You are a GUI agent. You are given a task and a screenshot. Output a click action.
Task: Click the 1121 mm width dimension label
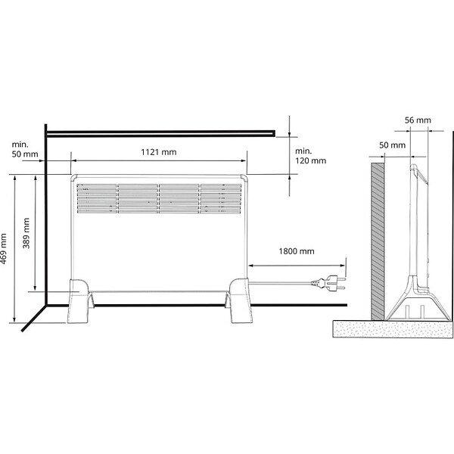(159, 152)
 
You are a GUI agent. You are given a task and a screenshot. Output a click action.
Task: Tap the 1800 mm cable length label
(297, 251)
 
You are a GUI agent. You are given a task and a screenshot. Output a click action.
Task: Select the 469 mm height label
(3, 248)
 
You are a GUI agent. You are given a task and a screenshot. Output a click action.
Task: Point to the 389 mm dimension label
(26, 233)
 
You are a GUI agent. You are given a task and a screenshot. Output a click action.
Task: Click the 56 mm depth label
(418, 120)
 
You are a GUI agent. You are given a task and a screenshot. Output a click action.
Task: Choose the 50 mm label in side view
(392, 145)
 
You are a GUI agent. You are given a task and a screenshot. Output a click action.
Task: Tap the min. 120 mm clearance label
(310, 156)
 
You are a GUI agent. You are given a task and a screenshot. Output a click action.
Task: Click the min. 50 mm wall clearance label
(25, 149)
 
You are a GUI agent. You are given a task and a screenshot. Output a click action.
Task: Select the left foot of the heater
(78, 301)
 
